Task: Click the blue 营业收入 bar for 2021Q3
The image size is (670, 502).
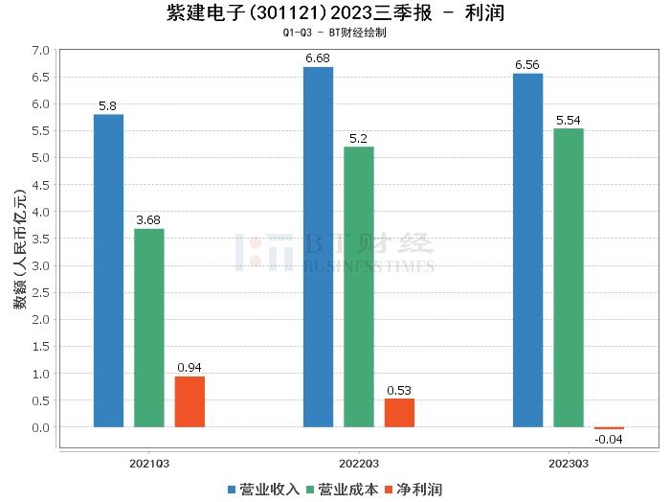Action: [108, 270]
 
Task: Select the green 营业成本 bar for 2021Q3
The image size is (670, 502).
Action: [148, 328]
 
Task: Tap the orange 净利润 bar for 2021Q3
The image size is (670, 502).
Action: [190, 401]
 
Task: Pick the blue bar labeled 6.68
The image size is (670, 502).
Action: [318, 246]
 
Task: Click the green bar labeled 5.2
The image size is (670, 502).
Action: [359, 286]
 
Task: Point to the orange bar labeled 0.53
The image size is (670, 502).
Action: [399, 412]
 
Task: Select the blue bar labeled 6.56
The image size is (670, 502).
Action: [527, 250]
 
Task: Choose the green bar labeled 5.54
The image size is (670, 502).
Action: [569, 278]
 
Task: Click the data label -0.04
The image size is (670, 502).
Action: [609, 440]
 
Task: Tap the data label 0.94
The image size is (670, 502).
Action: [190, 367]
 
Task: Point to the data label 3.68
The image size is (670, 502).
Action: [148, 219]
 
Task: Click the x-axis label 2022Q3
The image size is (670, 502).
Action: [359, 463]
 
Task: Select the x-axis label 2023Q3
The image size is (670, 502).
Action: [569, 463]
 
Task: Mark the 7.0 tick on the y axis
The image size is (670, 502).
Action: [39, 49]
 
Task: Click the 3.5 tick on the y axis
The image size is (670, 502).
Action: [39, 239]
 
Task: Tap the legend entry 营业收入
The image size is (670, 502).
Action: [264, 490]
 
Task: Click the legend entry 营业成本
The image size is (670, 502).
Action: [341, 490]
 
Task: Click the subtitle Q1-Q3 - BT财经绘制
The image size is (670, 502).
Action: [334, 33]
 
